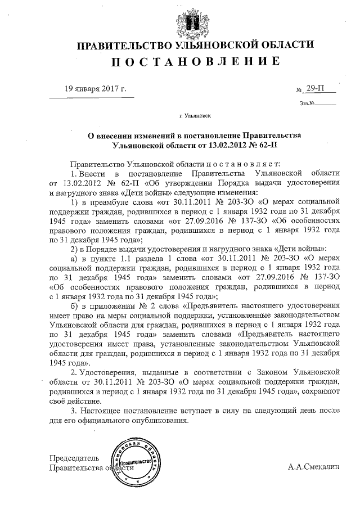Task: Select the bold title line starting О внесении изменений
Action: [x=195, y=136]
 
